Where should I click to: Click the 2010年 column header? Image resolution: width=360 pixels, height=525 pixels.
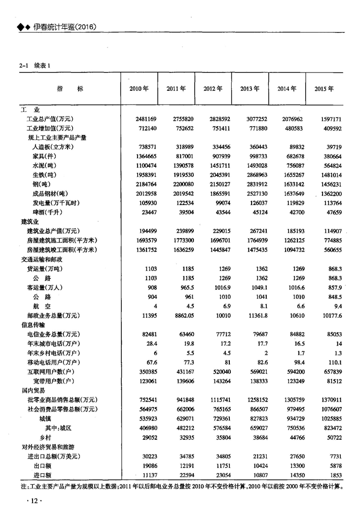pos(139,89)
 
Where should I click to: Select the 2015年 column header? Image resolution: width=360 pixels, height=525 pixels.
pos(324,89)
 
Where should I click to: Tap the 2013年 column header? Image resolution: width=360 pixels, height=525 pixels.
pos(250,89)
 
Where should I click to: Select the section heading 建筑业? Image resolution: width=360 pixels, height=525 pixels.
pos(27,222)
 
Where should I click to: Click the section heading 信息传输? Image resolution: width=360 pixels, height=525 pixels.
pos(30,325)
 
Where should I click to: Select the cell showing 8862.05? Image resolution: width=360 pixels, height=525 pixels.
pos(182,315)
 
